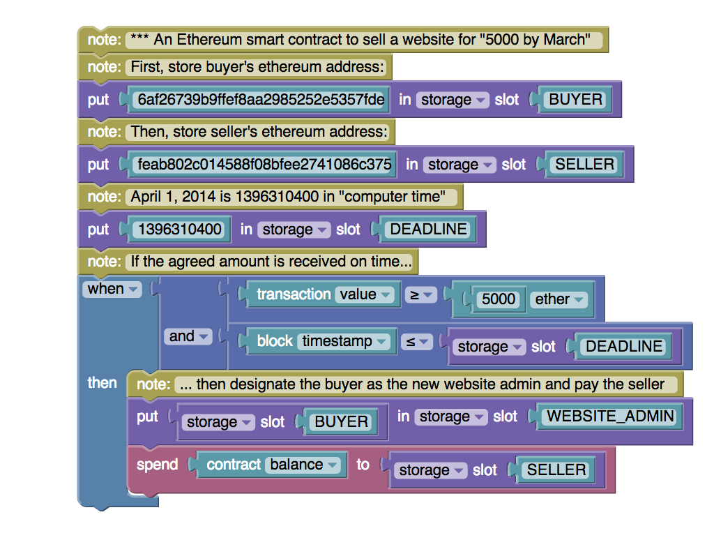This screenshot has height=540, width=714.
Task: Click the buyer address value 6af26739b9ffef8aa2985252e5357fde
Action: tap(261, 100)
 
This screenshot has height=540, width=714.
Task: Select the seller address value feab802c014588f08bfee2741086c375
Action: tap(264, 165)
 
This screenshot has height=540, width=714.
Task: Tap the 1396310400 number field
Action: tap(180, 230)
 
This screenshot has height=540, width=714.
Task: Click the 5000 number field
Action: tap(499, 299)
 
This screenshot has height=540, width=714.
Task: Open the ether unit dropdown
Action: tap(559, 299)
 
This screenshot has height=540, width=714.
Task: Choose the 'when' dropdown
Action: tap(111, 289)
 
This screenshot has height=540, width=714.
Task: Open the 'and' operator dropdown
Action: tap(189, 336)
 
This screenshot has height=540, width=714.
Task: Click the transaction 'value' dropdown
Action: tap(365, 294)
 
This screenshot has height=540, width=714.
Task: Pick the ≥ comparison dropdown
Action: tap(420, 295)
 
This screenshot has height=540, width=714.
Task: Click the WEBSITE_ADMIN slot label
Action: tap(610, 417)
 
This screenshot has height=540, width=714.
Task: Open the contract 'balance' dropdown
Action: tap(304, 465)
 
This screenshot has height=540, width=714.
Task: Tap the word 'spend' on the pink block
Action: tap(157, 465)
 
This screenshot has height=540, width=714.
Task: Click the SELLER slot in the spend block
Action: tap(556, 470)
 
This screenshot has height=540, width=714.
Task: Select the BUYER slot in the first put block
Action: tap(575, 100)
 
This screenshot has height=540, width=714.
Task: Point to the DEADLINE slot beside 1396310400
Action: tap(428, 230)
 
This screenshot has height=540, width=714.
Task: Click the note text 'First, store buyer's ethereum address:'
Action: tap(257, 68)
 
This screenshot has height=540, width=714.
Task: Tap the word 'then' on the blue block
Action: tap(102, 383)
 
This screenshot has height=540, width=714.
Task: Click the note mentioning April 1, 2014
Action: tap(287, 197)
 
